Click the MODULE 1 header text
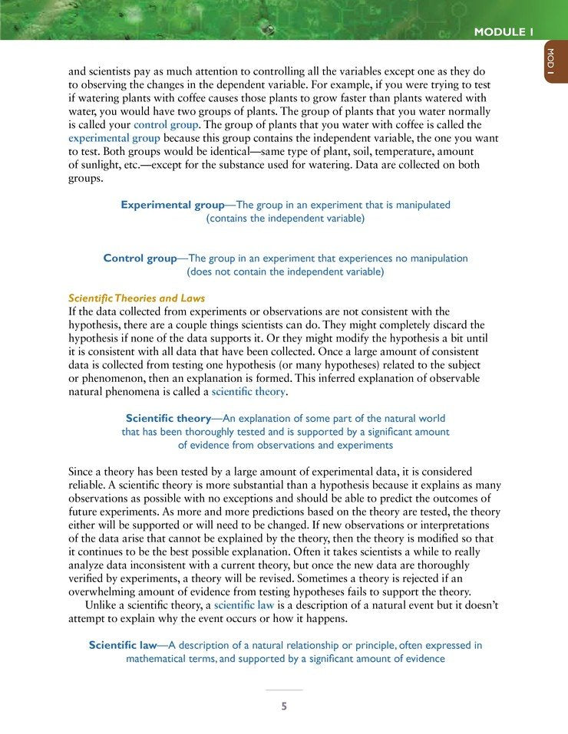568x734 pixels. [504, 31]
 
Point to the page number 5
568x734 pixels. [284, 706]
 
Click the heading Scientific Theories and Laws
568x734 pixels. [137, 298]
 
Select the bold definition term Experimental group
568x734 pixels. [172, 205]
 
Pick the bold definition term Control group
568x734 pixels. [140, 258]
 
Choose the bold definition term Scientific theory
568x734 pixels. [168, 419]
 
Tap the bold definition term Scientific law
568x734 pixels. [123, 646]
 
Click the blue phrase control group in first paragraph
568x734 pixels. [167, 124]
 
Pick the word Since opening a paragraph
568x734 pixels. [81, 471]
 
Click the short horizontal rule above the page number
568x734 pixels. [284, 690]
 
